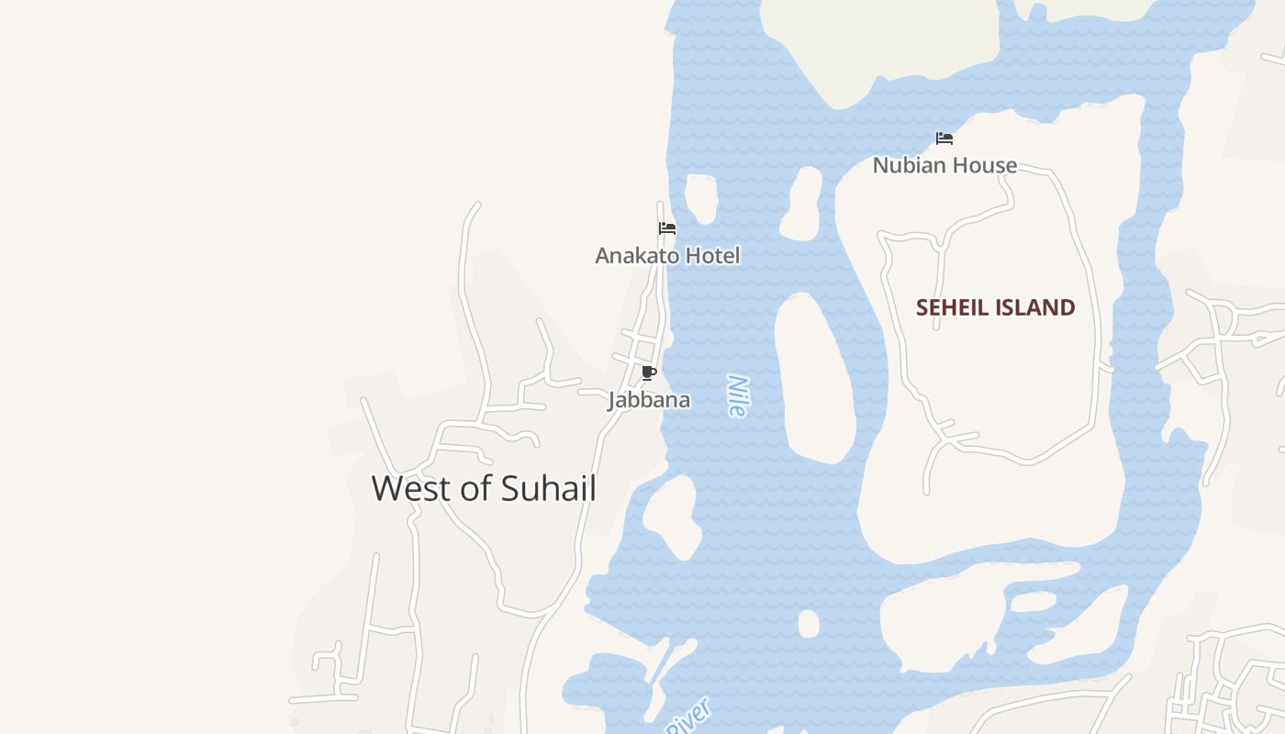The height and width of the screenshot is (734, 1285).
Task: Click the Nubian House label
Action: click(944, 166)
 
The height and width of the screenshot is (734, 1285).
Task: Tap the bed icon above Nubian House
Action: click(944, 139)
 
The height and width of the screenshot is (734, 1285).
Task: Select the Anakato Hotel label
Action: click(667, 256)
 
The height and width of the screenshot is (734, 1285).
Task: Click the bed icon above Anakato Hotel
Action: click(667, 228)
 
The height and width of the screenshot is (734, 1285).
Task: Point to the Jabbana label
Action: click(649, 401)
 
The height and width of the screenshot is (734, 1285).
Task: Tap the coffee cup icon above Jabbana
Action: click(649, 373)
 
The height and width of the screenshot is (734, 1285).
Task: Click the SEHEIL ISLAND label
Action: click(995, 308)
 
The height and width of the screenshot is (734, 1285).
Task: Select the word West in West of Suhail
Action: click(410, 489)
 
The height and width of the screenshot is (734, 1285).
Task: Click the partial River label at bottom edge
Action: click(688, 717)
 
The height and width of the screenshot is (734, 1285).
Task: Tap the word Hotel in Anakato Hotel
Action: click(708, 256)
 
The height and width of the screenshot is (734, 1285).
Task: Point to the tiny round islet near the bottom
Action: click(808, 624)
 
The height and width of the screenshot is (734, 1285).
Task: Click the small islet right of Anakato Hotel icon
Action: click(701, 197)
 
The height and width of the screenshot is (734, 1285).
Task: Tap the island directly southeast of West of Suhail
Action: click(674, 517)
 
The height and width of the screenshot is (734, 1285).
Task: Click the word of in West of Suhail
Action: click(475, 489)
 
